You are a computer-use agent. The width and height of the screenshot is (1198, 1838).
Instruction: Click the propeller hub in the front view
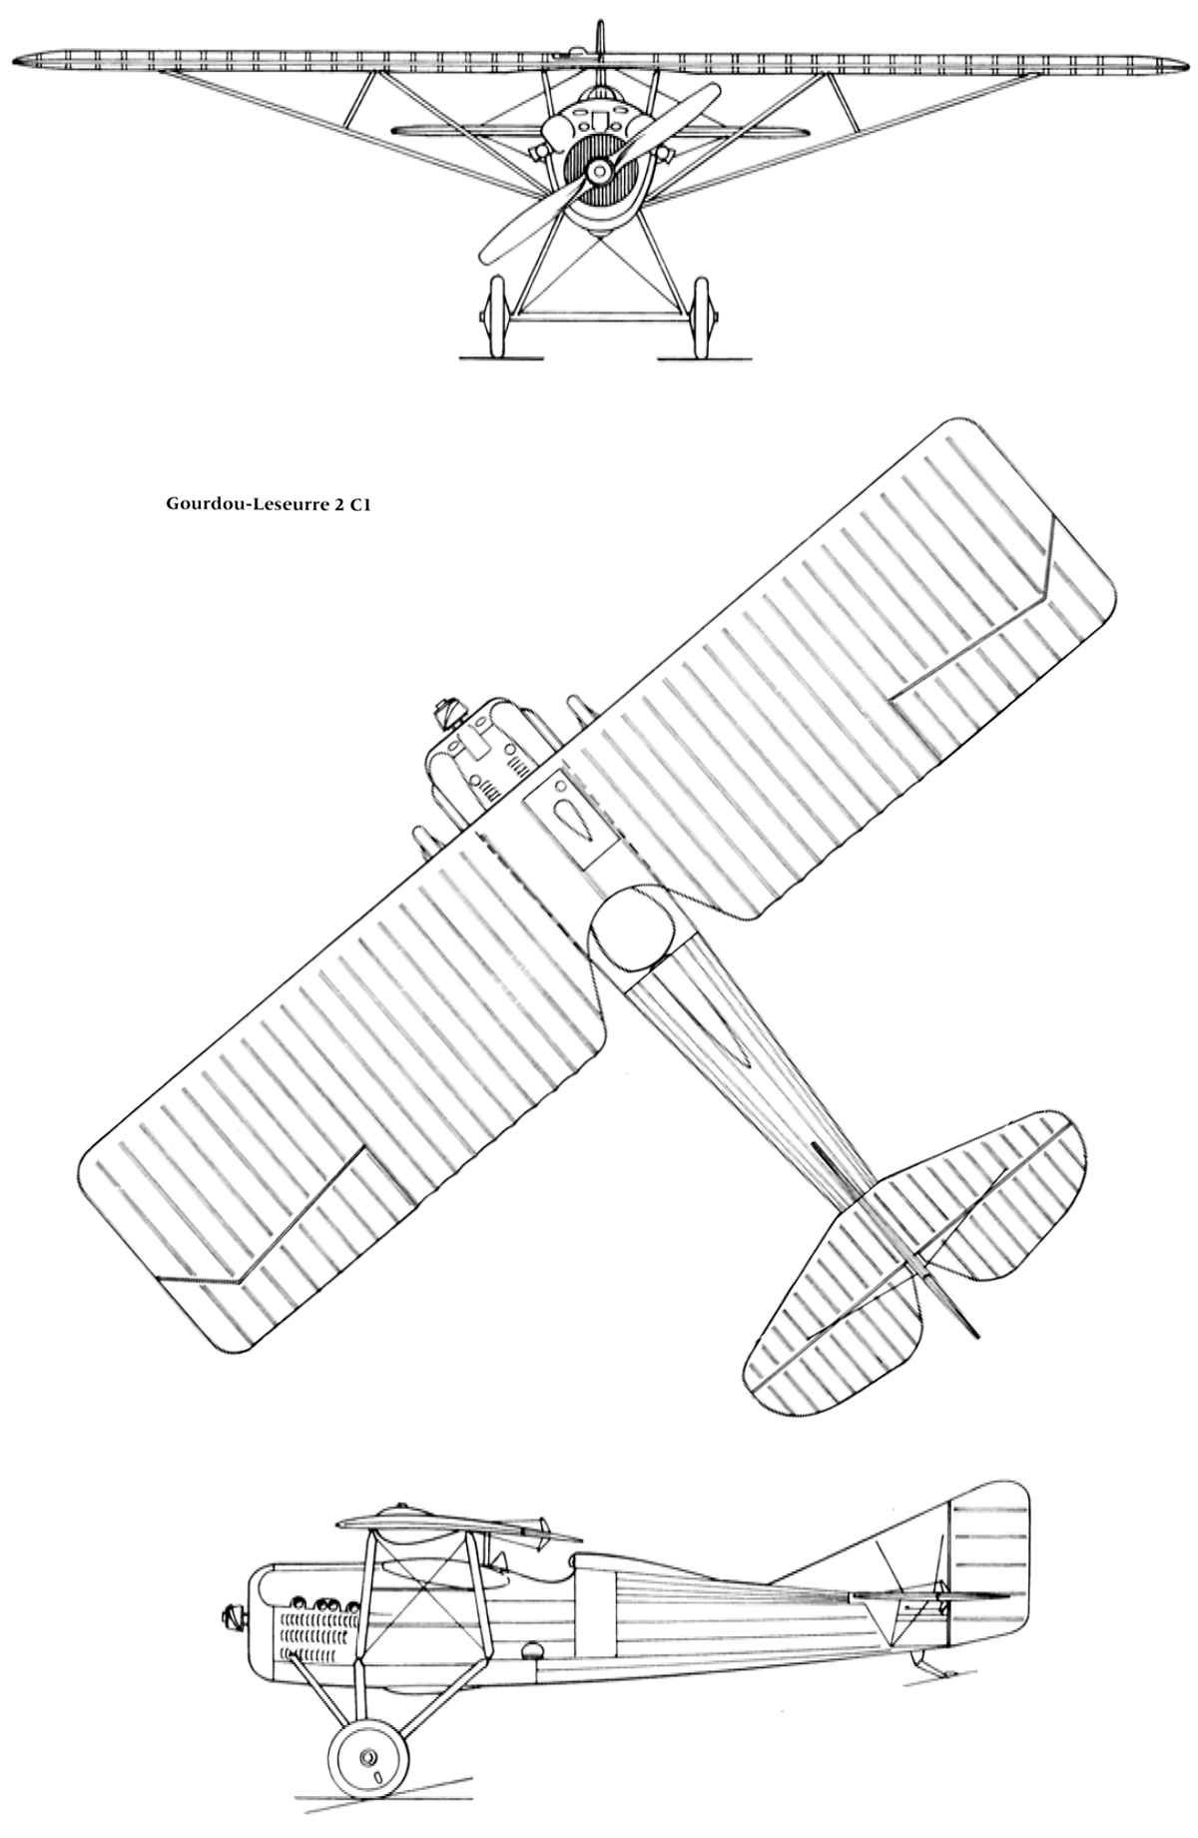(x=599, y=172)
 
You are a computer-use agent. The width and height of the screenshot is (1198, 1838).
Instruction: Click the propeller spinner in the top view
(x=442, y=713)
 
